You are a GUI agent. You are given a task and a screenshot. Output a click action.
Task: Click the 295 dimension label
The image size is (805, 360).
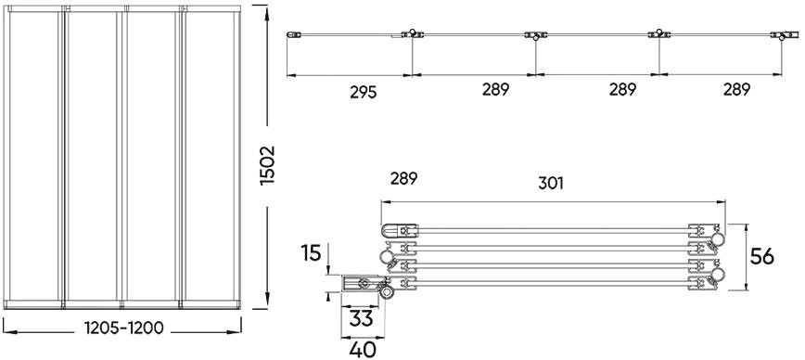[x=364, y=93]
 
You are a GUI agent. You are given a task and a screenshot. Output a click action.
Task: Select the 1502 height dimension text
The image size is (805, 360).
[x=267, y=165]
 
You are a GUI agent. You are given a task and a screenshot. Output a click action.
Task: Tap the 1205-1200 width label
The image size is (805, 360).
[x=123, y=328]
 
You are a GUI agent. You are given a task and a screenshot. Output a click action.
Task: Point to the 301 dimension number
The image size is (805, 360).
[x=551, y=184]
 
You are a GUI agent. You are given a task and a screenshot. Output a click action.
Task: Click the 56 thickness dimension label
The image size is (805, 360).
[x=762, y=256]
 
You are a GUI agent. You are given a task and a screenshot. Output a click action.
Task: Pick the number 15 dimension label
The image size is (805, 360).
[x=311, y=253]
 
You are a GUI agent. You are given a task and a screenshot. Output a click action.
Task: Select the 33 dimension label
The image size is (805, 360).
[x=361, y=318]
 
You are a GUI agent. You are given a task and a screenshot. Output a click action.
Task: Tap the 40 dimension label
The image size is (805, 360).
[x=363, y=350]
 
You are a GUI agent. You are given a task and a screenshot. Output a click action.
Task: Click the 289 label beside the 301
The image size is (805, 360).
[x=403, y=179]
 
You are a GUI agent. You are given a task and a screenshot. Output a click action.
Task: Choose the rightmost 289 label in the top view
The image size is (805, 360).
[x=736, y=89]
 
